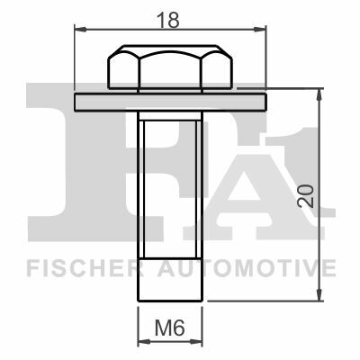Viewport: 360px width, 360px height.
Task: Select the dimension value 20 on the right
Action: (x=305, y=195)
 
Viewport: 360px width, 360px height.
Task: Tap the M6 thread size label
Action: (x=169, y=328)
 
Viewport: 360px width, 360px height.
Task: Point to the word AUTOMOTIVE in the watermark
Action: (x=247, y=268)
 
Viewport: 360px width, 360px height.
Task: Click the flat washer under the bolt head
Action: (x=170, y=103)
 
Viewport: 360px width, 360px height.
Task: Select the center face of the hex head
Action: (x=170, y=69)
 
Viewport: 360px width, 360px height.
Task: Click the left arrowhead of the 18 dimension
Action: (x=80, y=29)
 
